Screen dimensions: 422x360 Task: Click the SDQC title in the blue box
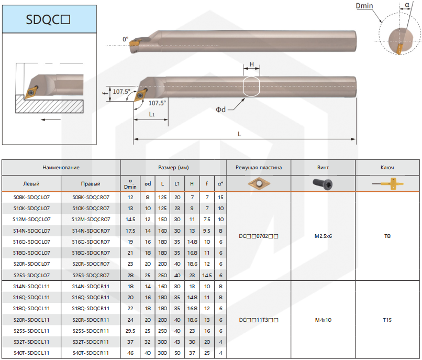pos(48,19)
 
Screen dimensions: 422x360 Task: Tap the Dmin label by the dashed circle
pos(364,6)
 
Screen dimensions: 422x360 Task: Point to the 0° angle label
pos(126,39)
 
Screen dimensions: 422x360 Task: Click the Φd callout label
pos(221,110)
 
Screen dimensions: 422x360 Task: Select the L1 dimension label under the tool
pos(152,114)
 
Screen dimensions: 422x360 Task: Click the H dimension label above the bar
pos(252,64)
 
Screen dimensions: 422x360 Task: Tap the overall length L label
pos(239,134)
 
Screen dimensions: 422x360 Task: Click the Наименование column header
pos(61,167)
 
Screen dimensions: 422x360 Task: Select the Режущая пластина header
pos(259,167)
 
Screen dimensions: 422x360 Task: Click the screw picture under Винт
pos(323,184)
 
